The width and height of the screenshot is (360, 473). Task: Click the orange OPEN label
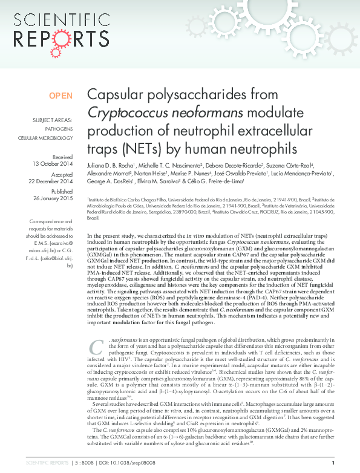click(61, 96)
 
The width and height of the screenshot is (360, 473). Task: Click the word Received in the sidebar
click(62, 156)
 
